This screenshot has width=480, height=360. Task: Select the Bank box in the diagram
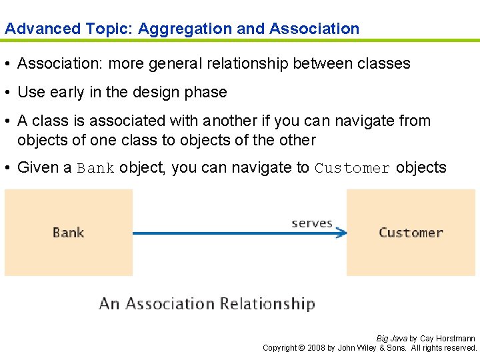pos(69,233)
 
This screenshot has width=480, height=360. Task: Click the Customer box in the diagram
pos(411,233)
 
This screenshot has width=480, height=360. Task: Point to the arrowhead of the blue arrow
pos(342,233)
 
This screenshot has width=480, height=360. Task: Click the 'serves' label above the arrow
pos(312,223)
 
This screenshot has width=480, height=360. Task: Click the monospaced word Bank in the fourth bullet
pos(96,168)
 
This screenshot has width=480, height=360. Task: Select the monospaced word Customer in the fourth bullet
pos(353,168)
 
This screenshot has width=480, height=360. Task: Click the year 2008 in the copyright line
pos(316,348)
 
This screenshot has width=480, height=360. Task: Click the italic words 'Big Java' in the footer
pos(392,339)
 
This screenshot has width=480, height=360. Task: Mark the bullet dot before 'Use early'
pos(9,92)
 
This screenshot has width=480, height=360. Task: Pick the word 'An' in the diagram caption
pos(109,304)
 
